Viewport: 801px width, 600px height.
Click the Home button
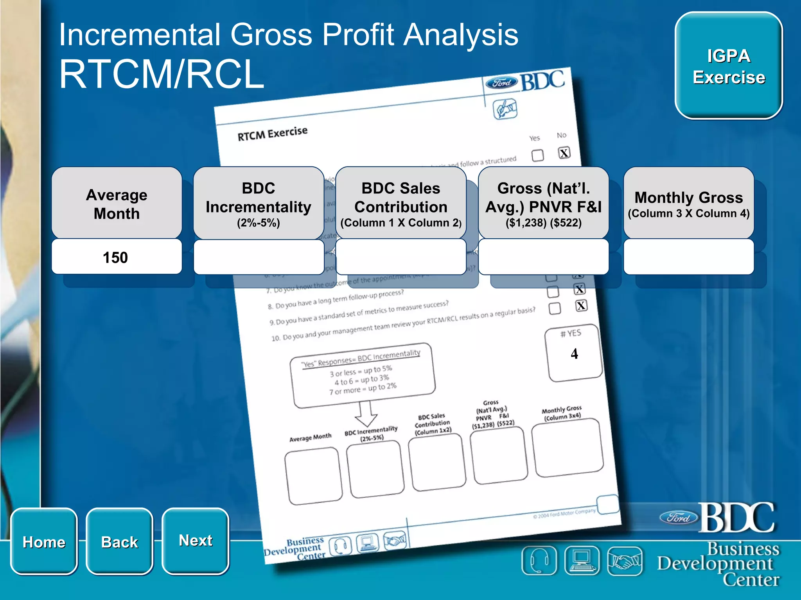(44, 541)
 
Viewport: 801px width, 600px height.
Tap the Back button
(119, 541)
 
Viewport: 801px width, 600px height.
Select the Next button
(195, 541)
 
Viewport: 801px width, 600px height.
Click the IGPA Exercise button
(729, 66)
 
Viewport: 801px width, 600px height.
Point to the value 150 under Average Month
(115, 257)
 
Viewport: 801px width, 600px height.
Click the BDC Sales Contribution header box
(400, 203)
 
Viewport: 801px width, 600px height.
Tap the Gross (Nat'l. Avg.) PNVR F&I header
(543, 203)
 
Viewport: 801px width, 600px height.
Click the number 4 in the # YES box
(574, 354)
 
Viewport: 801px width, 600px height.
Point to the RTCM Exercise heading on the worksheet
(273, 133)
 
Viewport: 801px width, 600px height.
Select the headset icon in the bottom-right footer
(539, 561)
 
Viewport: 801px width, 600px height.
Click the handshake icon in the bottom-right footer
(625, 561)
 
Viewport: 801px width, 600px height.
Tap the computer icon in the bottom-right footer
(582, 561)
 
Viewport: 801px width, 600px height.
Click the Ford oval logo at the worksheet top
(501, 83)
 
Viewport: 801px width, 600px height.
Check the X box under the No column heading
(564, 153)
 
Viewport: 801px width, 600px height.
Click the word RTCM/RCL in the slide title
(162, 74)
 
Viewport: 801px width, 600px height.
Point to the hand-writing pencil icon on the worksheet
(505, 109)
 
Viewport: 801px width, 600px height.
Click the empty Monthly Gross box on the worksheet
(567, 448)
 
